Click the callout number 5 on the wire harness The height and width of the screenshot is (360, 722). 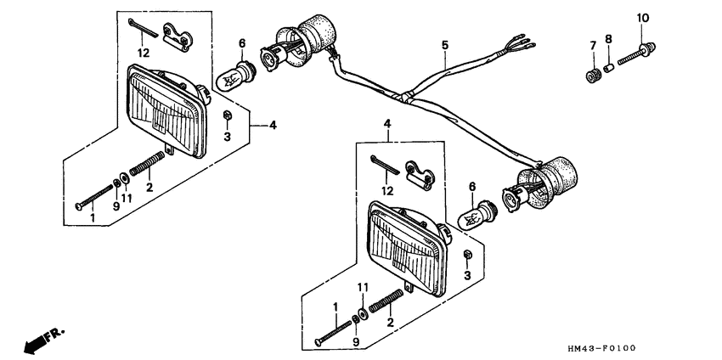pos(443,43)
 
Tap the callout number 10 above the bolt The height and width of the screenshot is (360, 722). pos(642,18)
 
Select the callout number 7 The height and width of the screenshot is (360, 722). pos(592,45)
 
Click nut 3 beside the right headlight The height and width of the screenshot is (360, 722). pos(466,256)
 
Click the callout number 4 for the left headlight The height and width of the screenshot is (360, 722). pos(273,126)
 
